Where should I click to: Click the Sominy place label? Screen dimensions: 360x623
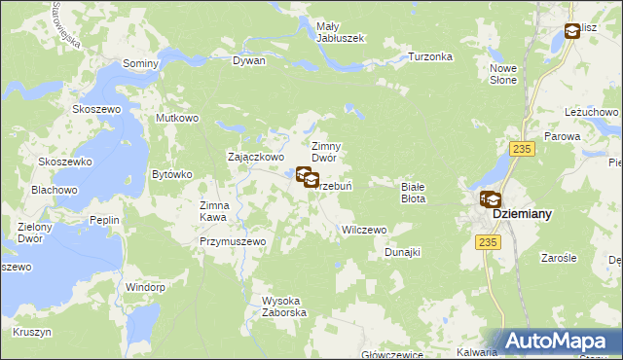pos(140,63)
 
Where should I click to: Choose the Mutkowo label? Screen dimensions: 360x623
pos(177,119)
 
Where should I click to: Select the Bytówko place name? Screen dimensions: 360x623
pos(172,175)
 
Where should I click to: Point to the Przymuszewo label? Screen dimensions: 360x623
pos(233,241)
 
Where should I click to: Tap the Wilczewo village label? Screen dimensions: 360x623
pos(364,231)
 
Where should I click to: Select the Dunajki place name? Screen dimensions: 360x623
pos(401,252)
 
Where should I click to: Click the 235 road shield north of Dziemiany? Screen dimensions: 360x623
pos(524,148)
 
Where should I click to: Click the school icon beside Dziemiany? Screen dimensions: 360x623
pos(490,199)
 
